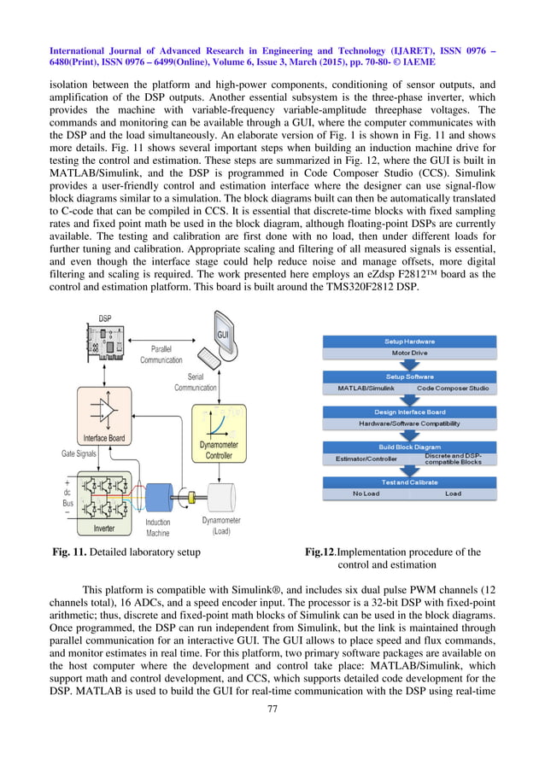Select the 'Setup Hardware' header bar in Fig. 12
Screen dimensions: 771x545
[x=406, y=342]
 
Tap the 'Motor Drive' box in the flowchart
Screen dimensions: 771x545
[x=406, y=353]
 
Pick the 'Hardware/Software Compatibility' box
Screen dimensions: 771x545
[x=406, y=423]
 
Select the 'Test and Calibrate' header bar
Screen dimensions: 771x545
[x=406, y=482]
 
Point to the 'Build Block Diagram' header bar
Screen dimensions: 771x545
[x=406, y=447]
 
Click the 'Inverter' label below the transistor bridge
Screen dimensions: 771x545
[x=104, y=528]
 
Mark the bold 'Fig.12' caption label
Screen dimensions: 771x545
[x=319, y=552]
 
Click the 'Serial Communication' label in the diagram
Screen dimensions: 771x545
[x=196, y=382]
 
